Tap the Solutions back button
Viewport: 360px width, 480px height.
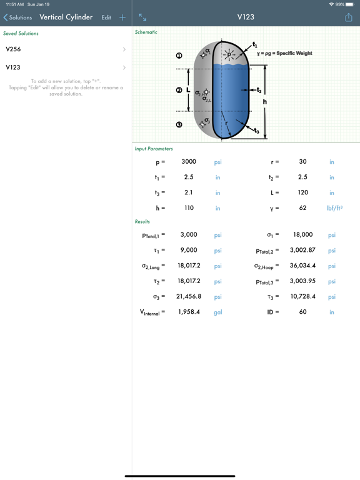point(17,17)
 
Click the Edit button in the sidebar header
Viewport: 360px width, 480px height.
point(106,17)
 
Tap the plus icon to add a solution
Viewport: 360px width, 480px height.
point(122,17)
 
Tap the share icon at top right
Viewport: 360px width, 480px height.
point(349,17)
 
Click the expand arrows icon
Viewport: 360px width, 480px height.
point(142,17)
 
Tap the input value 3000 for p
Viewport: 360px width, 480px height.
point(189,162)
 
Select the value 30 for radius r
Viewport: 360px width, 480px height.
point(302,162)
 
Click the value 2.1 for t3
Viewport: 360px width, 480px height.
point(189,192)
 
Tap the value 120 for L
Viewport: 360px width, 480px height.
point(302,192)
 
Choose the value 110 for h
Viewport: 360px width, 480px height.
point(189,208)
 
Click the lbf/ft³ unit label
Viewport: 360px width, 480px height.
point(334,208)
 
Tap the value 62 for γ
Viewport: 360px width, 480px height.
point(302,208)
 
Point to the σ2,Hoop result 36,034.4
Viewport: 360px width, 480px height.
point(302,266)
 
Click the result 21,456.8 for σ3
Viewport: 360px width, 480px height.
point(189,297)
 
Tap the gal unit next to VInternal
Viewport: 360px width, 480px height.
point(217,312)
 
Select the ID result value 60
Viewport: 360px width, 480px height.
point(302,312)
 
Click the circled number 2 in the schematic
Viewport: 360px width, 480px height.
point(179,91)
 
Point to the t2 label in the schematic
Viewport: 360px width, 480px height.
point(258,91)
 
